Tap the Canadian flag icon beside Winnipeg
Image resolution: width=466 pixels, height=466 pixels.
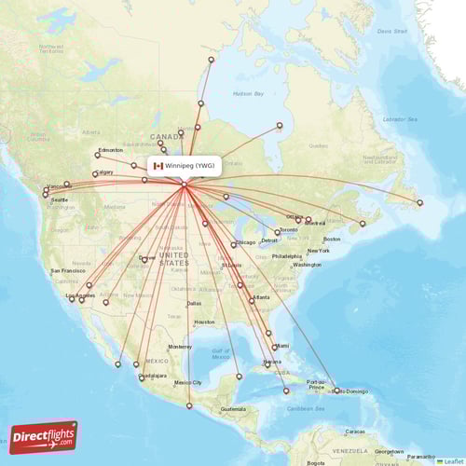(158, 166)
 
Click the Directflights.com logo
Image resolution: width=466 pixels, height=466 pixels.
(44, 436)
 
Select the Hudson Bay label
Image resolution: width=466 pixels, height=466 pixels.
(248, 94)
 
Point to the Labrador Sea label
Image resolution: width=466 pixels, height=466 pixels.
(399, 119)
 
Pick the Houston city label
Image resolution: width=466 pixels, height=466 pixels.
(204, 322)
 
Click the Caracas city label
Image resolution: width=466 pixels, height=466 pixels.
(355, 432)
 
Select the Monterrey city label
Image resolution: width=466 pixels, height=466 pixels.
(180, 346)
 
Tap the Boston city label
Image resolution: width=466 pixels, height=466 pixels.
(332, 240)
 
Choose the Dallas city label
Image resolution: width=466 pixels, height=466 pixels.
(194, 303)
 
